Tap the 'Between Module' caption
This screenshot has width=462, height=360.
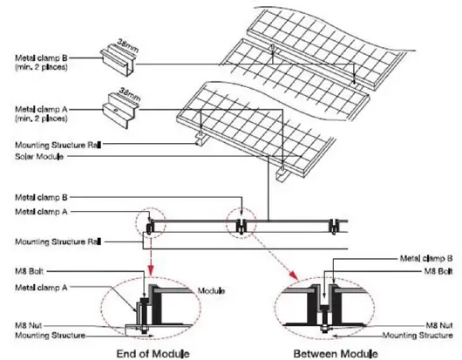[x=335, y=352]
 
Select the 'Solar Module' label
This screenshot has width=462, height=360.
[x=34, y=157]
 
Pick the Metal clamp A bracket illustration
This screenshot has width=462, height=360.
[x=120, y=105]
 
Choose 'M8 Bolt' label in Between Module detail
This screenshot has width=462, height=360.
[x=435, y=269]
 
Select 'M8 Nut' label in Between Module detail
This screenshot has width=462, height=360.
[x=438, y=323]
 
